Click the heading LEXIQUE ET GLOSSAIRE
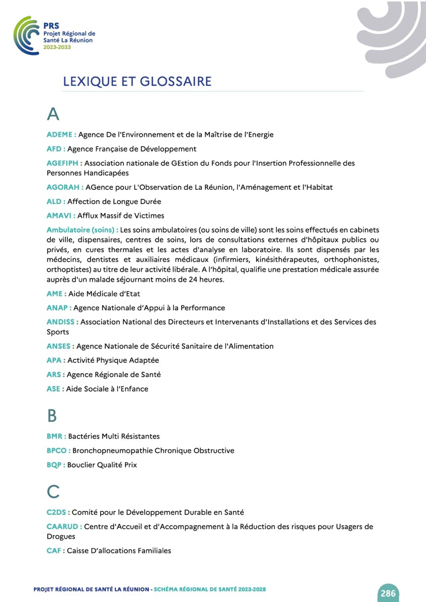137,81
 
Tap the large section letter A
53,114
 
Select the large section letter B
52,416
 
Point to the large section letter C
53,491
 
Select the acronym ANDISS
61,322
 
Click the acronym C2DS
56,512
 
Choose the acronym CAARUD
62,527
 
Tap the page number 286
388,593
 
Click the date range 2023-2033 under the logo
57,47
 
